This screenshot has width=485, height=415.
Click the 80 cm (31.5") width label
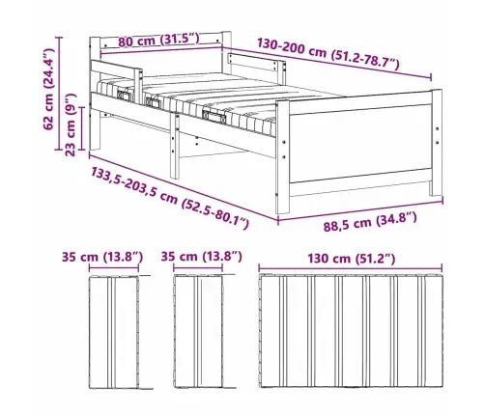point(156,39)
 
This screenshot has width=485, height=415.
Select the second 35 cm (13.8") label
point(202,258)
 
